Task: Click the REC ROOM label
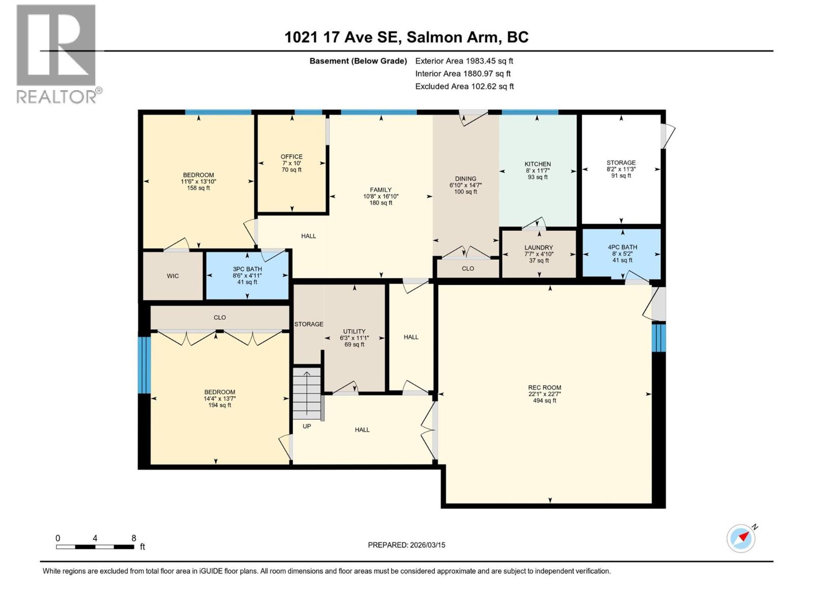pos(544,387)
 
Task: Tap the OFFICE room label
pos(292,157)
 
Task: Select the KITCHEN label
pos(538,164)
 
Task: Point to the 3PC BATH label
pos(247,269)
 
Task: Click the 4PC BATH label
pos(622,247)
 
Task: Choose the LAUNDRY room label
pos(538,248)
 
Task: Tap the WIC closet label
pos(173,276)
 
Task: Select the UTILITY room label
pos(354,331)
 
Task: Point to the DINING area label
pos(466,179)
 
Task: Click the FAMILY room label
pos(381,190)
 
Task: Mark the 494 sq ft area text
pos(544,401)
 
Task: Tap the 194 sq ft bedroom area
pos(220,405)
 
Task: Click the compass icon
pos(741,538)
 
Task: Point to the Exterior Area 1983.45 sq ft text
pos(464,61)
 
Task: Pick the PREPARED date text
pos(406,545)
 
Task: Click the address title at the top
pos(406,37)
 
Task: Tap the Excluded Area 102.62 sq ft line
pos(464,87)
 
